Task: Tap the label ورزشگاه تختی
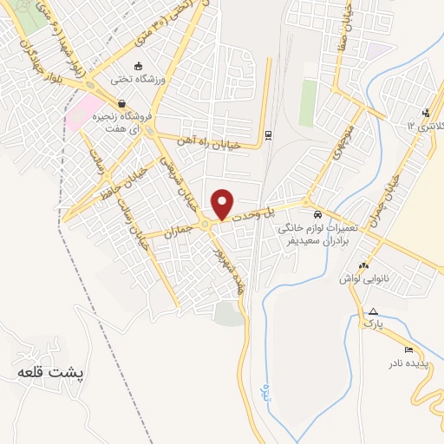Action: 137,80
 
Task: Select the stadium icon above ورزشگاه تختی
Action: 137,66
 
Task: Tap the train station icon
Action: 268,134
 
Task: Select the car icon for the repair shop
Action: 318,213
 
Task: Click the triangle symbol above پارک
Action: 373,311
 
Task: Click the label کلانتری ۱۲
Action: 424,127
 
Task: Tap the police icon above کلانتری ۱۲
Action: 425,113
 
